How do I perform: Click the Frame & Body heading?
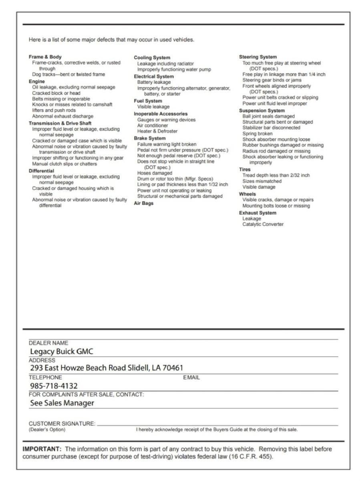point(45,57)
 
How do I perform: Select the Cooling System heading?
point(152,58)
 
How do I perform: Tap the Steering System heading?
point(258,57)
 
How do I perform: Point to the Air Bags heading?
point(143,203)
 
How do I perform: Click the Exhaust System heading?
point(257,213)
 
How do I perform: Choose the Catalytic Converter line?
point(263,224)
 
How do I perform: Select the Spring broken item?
point(257,133)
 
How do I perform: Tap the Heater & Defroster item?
point(157,131)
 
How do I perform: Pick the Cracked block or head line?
point(56,93)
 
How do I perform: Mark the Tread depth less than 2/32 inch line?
point(276,175)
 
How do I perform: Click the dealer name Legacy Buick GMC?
point(62,352)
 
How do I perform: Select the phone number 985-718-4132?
point(54,386)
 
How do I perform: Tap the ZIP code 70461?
point(173,368)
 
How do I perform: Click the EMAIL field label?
point(191,377)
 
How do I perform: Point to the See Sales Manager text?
point(62,403)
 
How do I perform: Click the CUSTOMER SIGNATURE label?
point(62,423)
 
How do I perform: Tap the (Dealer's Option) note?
point(47,430)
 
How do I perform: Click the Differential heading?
point(41,171)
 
